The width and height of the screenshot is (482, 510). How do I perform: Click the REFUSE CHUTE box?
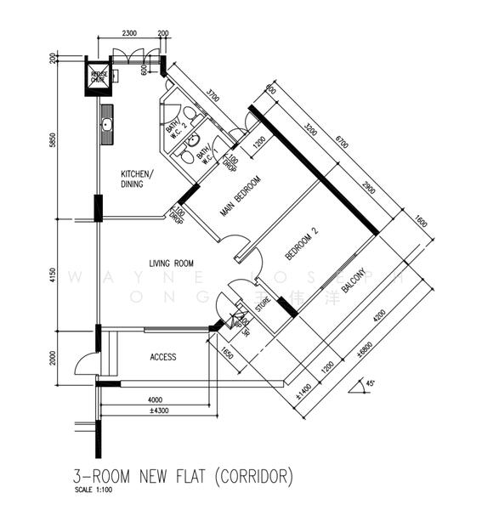coord(99,75)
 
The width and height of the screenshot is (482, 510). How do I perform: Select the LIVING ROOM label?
coord(173,263)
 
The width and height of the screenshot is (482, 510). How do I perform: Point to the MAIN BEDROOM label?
coord(240,195)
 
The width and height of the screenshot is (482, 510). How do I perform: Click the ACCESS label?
coord(162,357)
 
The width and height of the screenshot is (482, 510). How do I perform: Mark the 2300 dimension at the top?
coord(127,33)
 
